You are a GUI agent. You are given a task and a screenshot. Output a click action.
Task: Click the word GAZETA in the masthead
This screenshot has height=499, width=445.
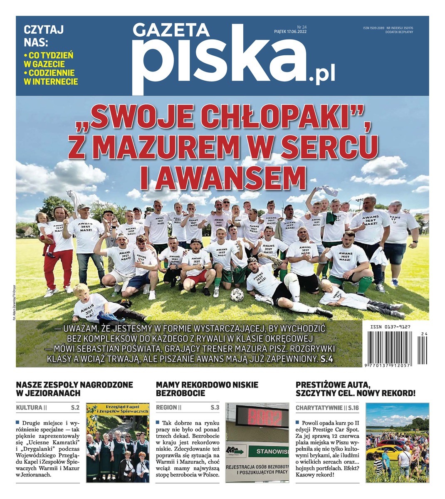(171, 31)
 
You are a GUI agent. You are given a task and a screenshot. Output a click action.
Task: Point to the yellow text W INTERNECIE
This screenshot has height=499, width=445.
(51, 82)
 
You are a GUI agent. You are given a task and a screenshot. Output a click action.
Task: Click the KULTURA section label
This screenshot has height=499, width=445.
(29, 408)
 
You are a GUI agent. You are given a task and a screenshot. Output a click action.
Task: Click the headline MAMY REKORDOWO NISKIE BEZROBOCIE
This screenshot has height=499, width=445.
(207, 389)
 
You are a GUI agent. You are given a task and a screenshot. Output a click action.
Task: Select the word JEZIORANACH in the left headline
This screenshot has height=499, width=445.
(52, 393)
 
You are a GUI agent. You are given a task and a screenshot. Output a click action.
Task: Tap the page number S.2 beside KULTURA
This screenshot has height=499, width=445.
(74, 408)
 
